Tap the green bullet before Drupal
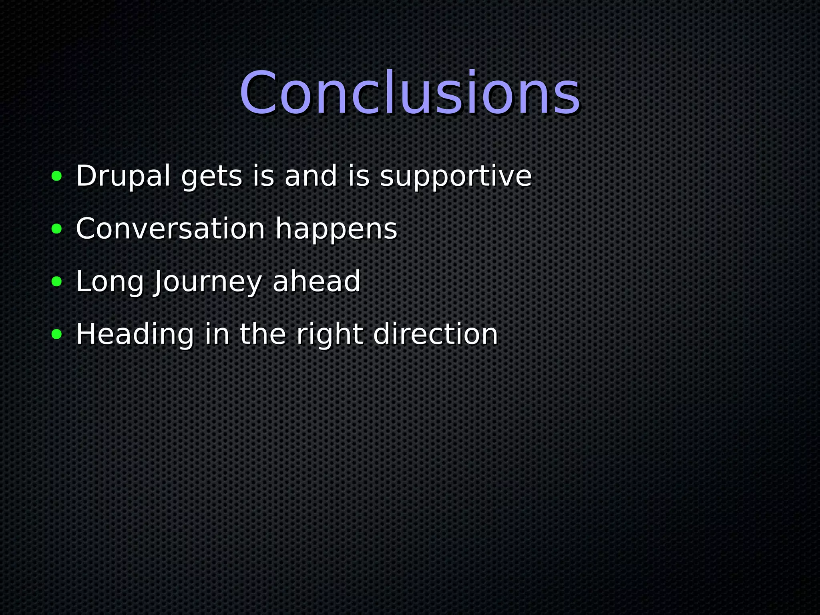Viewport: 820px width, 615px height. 57,176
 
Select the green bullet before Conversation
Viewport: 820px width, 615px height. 57,229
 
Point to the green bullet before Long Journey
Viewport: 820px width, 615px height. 57,281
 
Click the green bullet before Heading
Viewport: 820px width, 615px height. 57,334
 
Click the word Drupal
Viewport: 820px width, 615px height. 123,176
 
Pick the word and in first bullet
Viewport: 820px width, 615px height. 311,176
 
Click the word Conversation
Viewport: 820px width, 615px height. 170,229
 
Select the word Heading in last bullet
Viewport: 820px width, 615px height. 135,335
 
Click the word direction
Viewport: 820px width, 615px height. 435,334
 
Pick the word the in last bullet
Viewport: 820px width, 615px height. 263,334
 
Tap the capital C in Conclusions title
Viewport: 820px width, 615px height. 258,94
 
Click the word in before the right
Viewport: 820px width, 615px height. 217,334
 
